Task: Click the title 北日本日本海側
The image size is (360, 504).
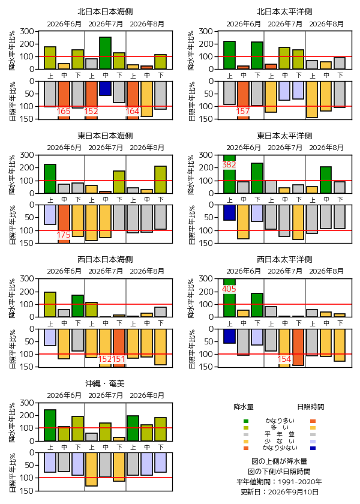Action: tap(105, 12)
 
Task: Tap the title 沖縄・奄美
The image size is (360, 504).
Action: tap(105, 383)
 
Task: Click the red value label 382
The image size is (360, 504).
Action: tap(229, 164)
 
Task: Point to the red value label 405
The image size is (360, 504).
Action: tap(229, 289)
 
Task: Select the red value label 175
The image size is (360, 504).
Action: tap(64, 235)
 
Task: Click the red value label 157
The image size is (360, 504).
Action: tap(243, 111)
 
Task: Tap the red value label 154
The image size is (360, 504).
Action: tap(284, 359)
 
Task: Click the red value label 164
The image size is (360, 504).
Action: tap(133, 111)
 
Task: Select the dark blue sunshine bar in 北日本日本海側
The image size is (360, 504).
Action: tap(105, 88)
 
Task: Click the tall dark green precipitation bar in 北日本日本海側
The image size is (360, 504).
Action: tap(105, 53)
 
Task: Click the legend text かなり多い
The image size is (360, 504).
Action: tap(280, 421)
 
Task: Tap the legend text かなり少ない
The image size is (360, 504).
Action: tap(280, 448)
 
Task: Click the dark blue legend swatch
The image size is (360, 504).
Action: tap(313, 448)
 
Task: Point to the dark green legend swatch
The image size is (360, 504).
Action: tap(246, 421)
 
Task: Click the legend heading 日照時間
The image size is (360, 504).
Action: tap(311, 407)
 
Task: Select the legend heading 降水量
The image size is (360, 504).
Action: tap(244, 407)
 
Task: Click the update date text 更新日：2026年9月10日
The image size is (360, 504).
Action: tap(280, 492)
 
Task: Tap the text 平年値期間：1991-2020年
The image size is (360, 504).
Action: tap(279, 481)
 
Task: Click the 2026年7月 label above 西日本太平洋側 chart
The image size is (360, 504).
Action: tap(285, 272)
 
